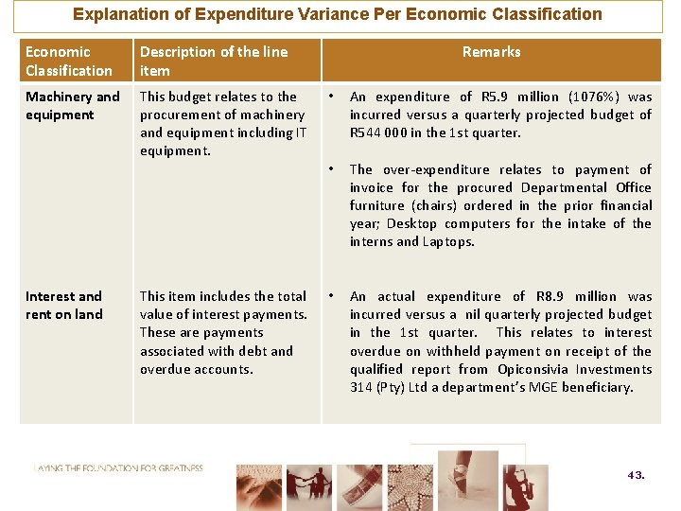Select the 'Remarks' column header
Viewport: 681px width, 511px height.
point(491,52)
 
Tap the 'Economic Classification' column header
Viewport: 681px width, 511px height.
point(68,61)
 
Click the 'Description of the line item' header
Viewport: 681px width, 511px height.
point(213,61)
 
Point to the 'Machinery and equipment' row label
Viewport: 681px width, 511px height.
point(72,105)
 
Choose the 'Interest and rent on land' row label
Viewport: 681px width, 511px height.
point(63,305)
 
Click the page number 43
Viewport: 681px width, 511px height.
point(636,475)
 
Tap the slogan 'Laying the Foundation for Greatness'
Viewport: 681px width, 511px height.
point(118,467)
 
